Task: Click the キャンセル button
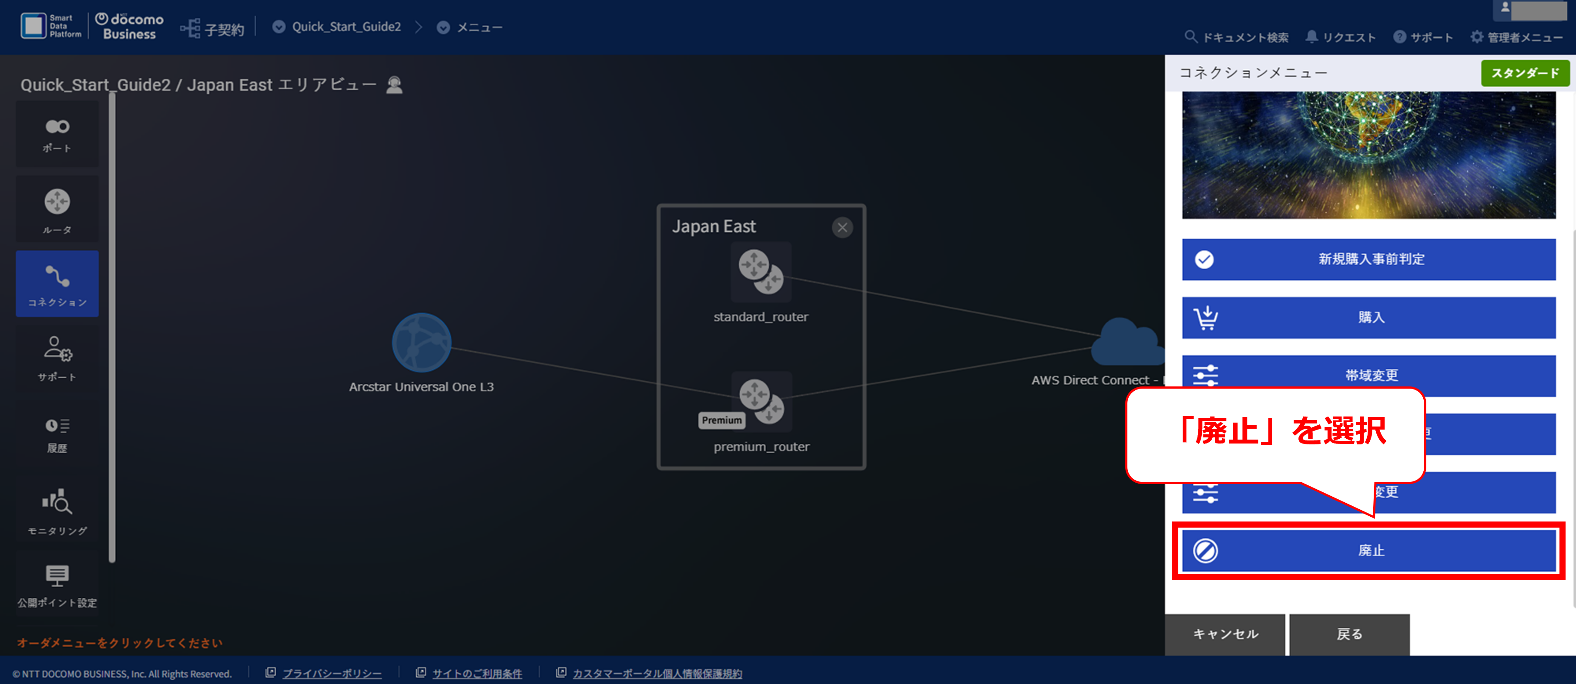click(x=1225, y=634)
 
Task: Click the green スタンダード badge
click(x=1525, y=73)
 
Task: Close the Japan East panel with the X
click(x=842, y=228)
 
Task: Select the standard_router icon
click(x=761, y=272)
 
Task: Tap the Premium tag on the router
click(x=721, y=420)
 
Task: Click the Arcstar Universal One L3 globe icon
click(x=422, y=343)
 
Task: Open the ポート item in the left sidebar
click(x=57, y=135)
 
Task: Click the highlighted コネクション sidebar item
click(x=57, y=284)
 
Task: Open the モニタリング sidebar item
click(x=57, y=511)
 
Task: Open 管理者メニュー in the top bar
click(x=1517, y=37)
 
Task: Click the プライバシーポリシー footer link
click(x=331, y=674)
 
